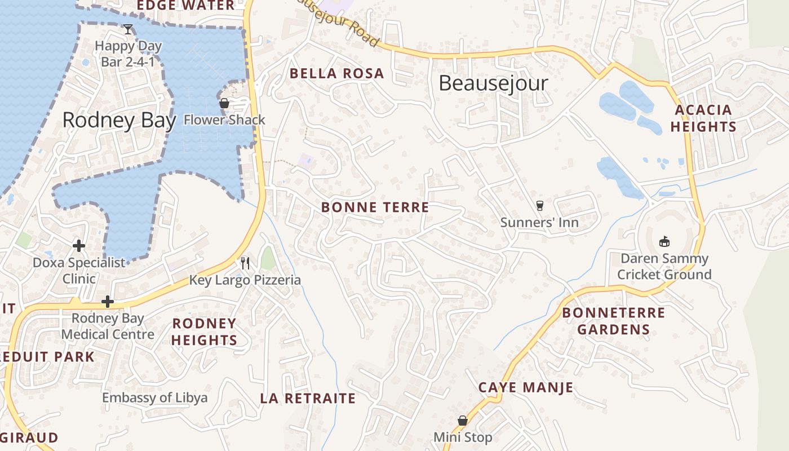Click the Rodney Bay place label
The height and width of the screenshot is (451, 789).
[119, 120]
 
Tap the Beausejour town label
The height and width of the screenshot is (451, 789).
[493, 83]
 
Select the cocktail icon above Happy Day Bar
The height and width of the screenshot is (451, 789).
[128, 29]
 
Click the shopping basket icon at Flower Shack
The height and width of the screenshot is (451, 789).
[224, 103]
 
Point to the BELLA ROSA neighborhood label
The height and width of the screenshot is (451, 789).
[336, 73]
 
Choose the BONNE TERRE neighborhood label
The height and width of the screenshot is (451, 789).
[375, 207]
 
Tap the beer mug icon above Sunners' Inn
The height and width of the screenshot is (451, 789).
[539, 206]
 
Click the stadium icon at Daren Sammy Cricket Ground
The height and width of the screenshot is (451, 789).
[664, 241]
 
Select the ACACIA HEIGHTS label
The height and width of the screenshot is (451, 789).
[703, 118]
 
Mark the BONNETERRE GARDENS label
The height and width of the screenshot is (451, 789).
[613, 321]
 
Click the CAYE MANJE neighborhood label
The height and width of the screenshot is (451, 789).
[526, 387]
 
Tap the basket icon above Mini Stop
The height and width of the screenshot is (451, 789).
[462, 421]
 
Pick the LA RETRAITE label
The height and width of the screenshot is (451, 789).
[308, 399]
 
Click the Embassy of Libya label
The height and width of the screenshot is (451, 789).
[154, 397]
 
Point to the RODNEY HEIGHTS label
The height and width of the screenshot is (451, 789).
[204, 331]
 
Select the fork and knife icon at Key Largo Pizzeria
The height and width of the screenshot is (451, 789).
[245, 263]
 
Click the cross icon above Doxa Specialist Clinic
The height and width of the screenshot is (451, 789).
[79, 245]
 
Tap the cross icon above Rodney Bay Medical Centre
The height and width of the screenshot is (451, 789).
[107, 302]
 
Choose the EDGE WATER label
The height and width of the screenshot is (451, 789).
[185, 6]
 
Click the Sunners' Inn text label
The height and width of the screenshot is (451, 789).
[539, 223]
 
